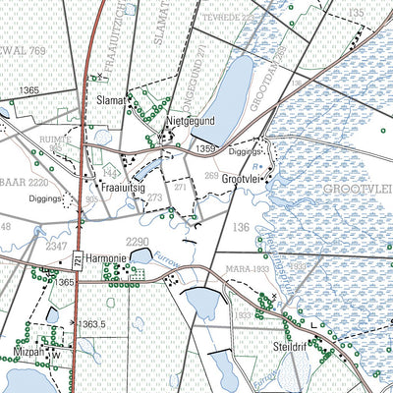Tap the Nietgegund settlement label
click(x=189, y=121)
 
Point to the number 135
click(x=355, y=12)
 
